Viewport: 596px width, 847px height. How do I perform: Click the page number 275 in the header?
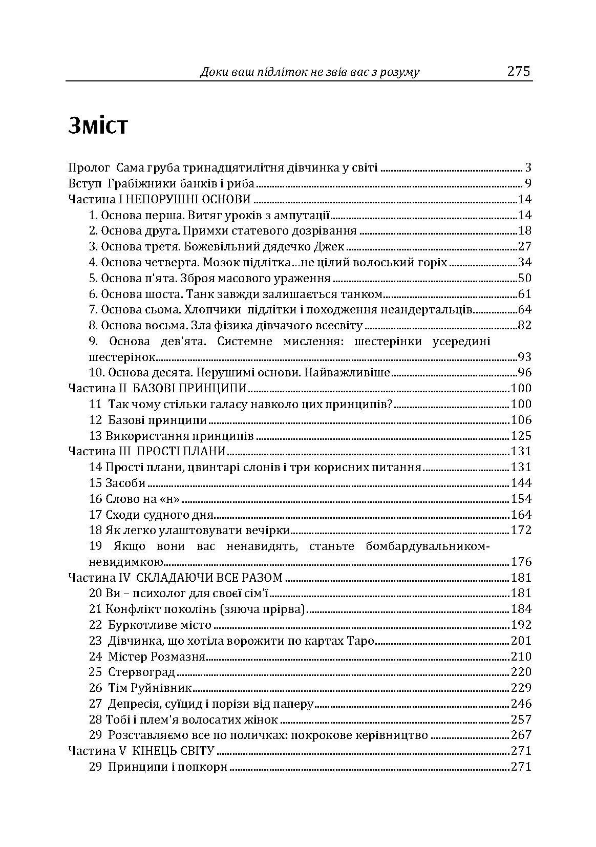click(x=519, y=71)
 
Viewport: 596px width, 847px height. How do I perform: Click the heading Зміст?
click(x=97, y=125)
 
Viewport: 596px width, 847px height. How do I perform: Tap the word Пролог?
click(x=89, y=167)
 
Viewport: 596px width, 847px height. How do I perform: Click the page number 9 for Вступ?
click(x=528, y=183)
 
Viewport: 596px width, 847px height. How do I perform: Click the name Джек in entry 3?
click(x=330, y=246)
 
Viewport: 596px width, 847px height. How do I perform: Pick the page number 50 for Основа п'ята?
click(x=525, y=278)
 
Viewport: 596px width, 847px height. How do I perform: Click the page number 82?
click(x=525, y=325)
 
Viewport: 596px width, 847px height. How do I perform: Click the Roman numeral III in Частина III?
click(x=126, y=451)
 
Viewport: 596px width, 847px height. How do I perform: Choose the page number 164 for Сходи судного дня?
click(x=521, y=514)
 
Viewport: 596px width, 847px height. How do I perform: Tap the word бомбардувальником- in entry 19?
click(x=428, y=546)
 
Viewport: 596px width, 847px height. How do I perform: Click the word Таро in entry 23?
click(x=362, y=641)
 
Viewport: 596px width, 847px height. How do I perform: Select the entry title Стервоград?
click(x=142, y=672)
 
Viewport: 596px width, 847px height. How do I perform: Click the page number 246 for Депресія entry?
click(x=521, y=704)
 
